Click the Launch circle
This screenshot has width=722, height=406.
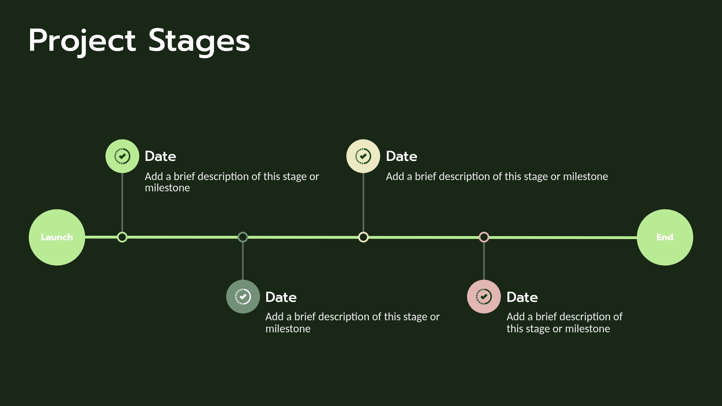click(57, 237)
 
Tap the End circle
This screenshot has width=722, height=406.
click(665, 237)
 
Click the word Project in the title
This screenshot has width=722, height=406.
click(82, 41)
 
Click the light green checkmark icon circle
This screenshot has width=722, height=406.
click(122, 156)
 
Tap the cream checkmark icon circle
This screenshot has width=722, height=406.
click(363, 156)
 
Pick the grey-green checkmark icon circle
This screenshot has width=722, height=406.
click(243, 297)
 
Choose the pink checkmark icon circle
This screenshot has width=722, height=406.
click(484, 297)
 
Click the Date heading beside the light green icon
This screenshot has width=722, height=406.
click(161, 156)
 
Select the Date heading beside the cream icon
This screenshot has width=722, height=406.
click(402, 156)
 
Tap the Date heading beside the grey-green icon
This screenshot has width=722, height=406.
click(281, 297)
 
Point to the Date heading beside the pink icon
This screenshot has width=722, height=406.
click(522, 297)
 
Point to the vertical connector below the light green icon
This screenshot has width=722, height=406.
click(122, 203)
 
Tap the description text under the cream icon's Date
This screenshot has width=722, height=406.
click(497, 177)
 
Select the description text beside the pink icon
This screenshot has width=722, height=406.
click(564, 323)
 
